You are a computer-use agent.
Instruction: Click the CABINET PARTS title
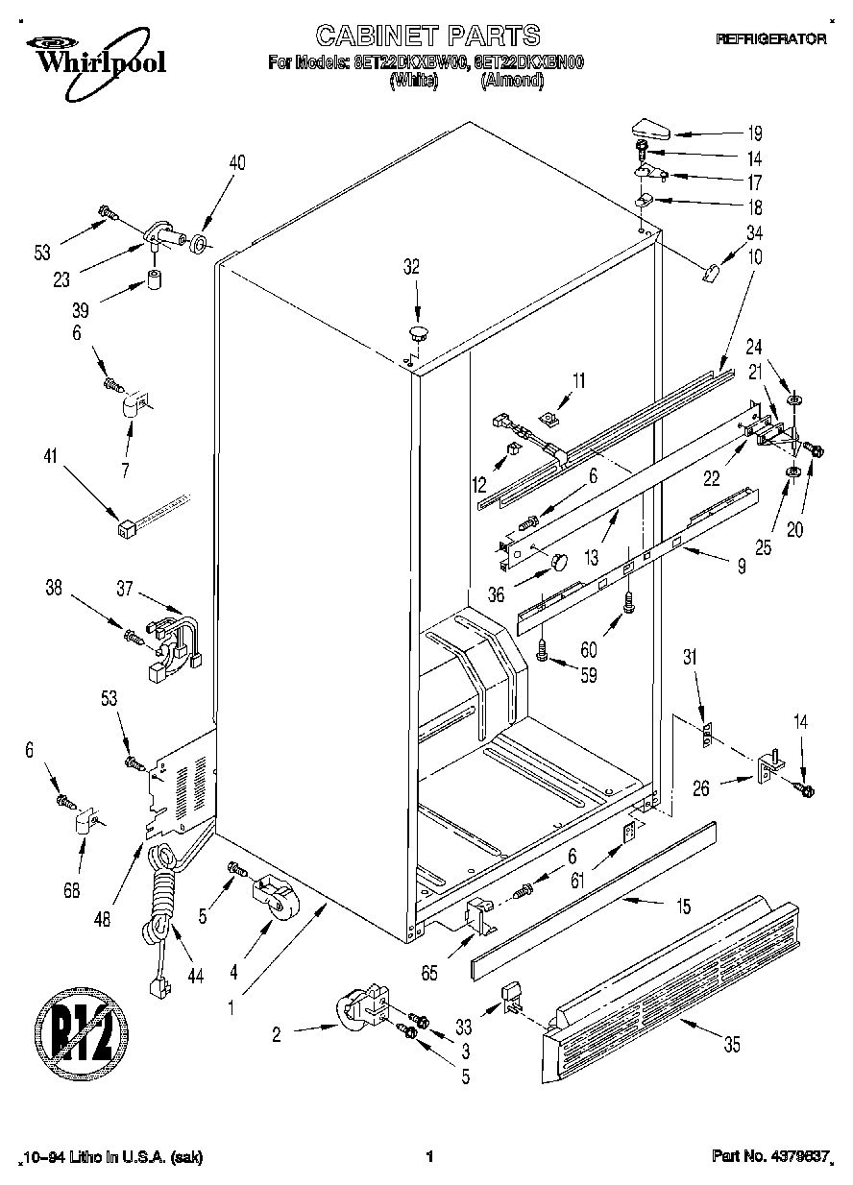427,36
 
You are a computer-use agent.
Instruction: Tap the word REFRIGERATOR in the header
770,39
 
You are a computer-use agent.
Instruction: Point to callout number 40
236,162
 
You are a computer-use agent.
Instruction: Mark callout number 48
103,918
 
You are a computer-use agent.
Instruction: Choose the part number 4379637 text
769,1157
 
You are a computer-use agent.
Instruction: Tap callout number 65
428,974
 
